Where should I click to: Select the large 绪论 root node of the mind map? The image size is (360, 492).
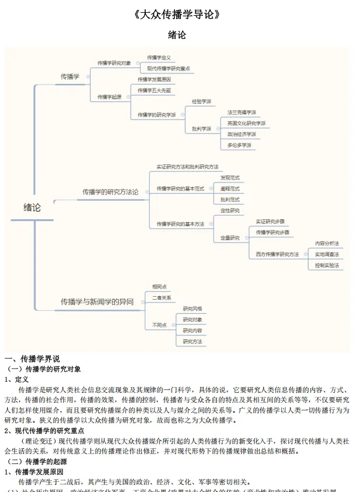click(x=32, y=207)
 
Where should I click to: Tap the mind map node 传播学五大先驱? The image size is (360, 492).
click(x=155, y=90)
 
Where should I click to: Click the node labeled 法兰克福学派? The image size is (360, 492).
click(x=242, y=112)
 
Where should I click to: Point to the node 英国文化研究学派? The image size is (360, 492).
click(x=246, y=123)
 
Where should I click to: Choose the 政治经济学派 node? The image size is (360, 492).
click(x=242, y=134)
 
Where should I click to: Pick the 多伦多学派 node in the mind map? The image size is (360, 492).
click(x=239, y=145)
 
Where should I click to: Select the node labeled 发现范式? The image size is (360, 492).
click(x=230, y=178)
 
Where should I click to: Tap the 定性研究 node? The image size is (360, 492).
click(x=230, y=210)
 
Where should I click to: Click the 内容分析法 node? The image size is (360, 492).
click(x=327, y=243)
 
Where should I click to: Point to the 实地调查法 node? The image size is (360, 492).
click(x=327, y=254)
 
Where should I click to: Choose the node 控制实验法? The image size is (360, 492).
click(x=327, y=265)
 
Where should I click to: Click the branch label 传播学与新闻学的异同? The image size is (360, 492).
click(x=97, y=301)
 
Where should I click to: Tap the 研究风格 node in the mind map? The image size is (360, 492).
click(x=193, y=308)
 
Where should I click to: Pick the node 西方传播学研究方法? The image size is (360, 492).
click(x=277, y=254)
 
